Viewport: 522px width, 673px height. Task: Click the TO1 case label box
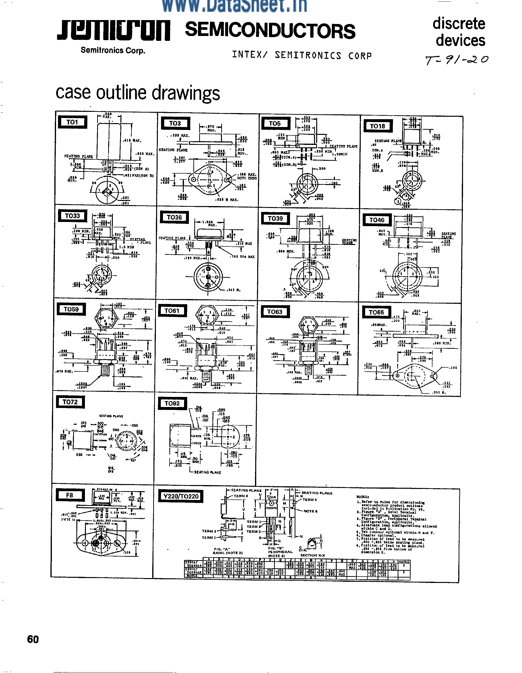click(72, 122)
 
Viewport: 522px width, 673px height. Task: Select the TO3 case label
click(175, 123)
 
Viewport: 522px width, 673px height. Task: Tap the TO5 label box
click(275, 124)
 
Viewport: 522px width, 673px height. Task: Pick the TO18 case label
click(377, 126)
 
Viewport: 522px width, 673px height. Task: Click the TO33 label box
click(72, 216)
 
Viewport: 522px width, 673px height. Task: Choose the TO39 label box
click(275, 219)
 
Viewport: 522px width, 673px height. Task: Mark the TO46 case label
click(377, 220)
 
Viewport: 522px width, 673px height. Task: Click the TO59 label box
click(71, 309)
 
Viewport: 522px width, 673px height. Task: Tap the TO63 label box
click(275, 312)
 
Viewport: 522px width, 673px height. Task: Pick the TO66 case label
click(376, 313)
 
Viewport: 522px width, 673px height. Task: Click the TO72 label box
click(70, 402)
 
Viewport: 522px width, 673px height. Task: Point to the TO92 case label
click(172, 403)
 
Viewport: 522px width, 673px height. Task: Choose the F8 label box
click(70, 495)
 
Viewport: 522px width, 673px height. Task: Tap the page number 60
click(33, 639)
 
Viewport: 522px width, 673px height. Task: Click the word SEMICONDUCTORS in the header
click(270, 31)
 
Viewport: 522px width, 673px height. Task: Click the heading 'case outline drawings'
click(138, 93)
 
